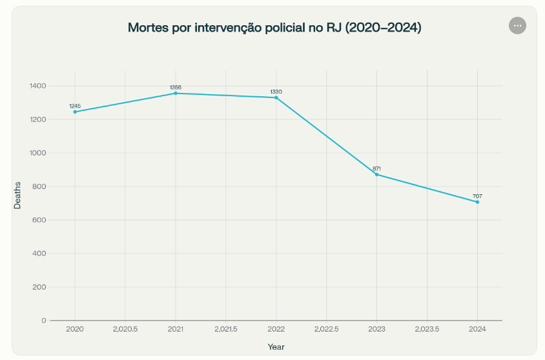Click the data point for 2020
click(x=75, y=112)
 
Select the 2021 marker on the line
click(x=176, y=94)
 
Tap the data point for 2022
click(x=276, y=97)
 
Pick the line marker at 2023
click(x=377, y=174)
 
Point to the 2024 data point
click(x=477, y=202)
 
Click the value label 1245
click(x=75, y=106)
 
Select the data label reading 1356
click(x=176, y=87)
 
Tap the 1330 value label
click(x=276, y=92)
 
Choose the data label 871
click(x=377, y=168)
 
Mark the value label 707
click(x=477, y=196)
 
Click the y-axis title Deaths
click(x=18, y=196)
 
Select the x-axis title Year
click(x=276, y=347)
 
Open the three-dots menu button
click(x=517, y=25)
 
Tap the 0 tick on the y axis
click(x=44, y=321)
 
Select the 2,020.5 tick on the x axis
click(x=125, y=329)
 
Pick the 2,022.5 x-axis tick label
click(x=327, y=329)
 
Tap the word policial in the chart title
click(x=286, y=28)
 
